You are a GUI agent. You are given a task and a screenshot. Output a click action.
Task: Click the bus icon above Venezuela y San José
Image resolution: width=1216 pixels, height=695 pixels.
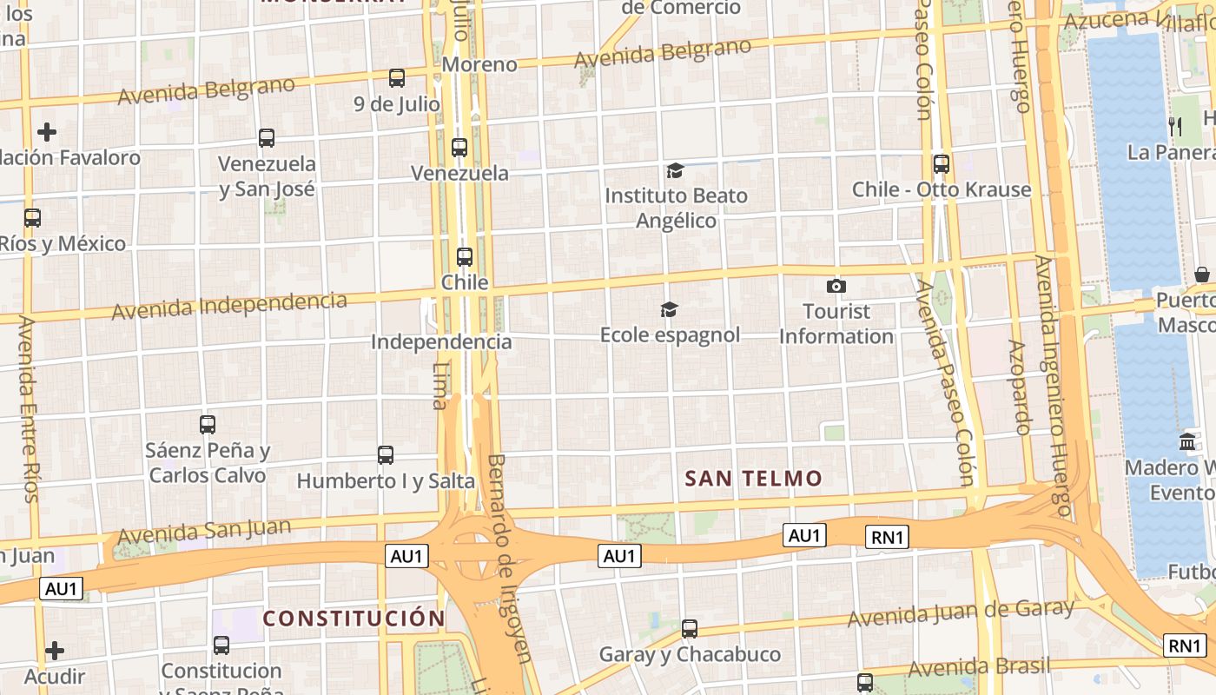[267, 138]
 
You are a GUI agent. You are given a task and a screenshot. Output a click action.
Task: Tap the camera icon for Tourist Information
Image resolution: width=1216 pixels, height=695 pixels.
[836, 286]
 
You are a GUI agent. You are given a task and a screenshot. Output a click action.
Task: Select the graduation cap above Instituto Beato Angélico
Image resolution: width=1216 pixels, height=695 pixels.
[675, 170]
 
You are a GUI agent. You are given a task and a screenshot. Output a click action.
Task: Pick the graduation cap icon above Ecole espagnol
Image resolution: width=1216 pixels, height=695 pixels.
[669, 309]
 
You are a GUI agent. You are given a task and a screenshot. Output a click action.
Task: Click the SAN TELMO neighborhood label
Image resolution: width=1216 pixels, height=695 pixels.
[753, 479]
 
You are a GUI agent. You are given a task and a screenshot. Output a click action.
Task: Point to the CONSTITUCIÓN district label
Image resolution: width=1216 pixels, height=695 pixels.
[354, 619]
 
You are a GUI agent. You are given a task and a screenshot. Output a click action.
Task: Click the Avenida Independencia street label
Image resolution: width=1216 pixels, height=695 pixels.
[229, 305]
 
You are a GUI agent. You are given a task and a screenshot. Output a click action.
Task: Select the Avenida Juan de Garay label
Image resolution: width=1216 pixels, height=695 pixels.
[961, 613]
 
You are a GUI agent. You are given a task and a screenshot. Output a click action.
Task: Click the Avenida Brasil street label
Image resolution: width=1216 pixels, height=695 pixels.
[979, 667]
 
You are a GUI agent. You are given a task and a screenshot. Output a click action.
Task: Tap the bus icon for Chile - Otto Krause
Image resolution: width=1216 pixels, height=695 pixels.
[941, 164]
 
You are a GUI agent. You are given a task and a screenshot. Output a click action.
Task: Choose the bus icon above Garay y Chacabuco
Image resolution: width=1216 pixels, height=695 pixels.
[690, 628]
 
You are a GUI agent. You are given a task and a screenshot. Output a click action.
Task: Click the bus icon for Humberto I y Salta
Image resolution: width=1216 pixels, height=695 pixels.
[386, 454]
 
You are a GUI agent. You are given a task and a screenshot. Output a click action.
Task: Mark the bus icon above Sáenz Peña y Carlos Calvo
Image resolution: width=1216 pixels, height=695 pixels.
[208, 425]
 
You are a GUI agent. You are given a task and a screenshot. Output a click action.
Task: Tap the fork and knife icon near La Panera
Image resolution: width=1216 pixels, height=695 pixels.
[1175, 127]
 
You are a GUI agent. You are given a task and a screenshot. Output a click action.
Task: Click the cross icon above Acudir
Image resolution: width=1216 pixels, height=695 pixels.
[55, 651]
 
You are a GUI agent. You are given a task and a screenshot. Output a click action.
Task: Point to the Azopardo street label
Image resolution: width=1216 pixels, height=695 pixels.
[1019, 387]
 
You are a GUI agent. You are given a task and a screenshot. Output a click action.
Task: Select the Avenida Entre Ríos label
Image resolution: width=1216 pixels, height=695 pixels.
[29, 408]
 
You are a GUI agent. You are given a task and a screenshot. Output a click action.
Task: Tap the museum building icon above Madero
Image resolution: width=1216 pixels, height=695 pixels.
[1187, 442]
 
